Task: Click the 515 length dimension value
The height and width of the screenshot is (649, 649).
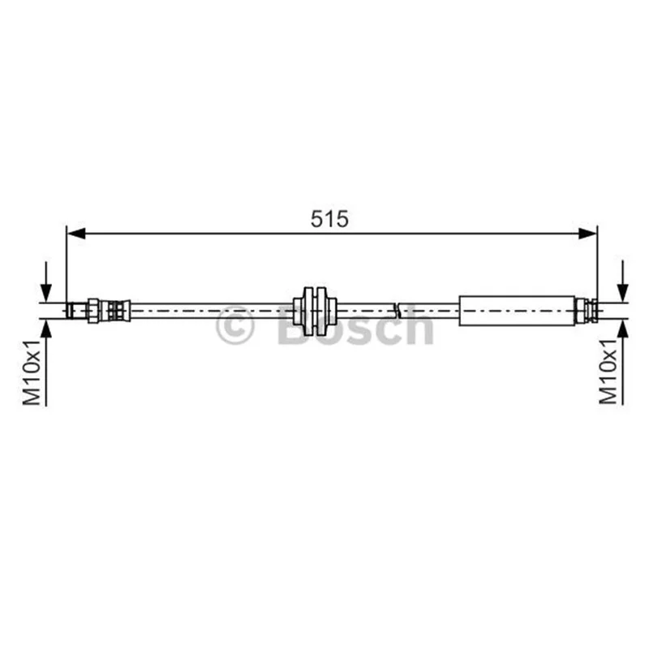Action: [x=329, y=219]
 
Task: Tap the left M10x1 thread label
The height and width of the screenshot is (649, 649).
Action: [x=32, y=372]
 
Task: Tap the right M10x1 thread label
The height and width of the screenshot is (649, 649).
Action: [x=608, y=372]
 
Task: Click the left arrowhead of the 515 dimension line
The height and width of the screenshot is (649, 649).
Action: [x=76, y=234]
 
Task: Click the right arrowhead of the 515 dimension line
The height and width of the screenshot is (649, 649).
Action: [x=587, y=234]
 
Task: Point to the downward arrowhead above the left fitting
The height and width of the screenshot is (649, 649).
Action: [x=46, y=293]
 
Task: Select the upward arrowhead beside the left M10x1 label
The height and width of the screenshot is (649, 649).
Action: [x=46, y=329]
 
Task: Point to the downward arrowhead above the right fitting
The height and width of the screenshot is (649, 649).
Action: [x=622, y=293]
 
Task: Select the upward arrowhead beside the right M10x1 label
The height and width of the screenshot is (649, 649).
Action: [x=622, y=329]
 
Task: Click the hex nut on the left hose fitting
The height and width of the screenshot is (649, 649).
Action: [x=93, y=311]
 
